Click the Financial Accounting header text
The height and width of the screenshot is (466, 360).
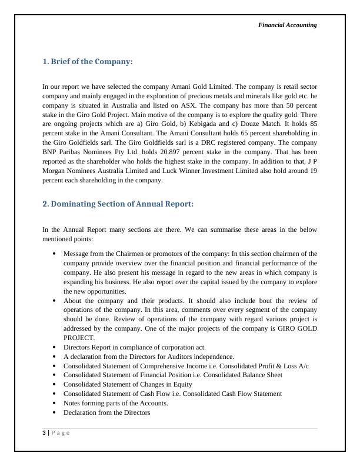click(x=288, y=25)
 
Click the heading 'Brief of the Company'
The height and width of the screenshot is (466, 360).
click(x=88, y=62)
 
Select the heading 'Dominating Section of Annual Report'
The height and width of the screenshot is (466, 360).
click(x=118, y=204)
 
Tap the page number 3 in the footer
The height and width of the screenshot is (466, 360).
click(x=44, y=433)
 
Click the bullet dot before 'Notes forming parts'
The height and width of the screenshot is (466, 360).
click(x=54, y=403)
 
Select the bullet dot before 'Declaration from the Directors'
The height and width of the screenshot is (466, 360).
click(x=54, y=412)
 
